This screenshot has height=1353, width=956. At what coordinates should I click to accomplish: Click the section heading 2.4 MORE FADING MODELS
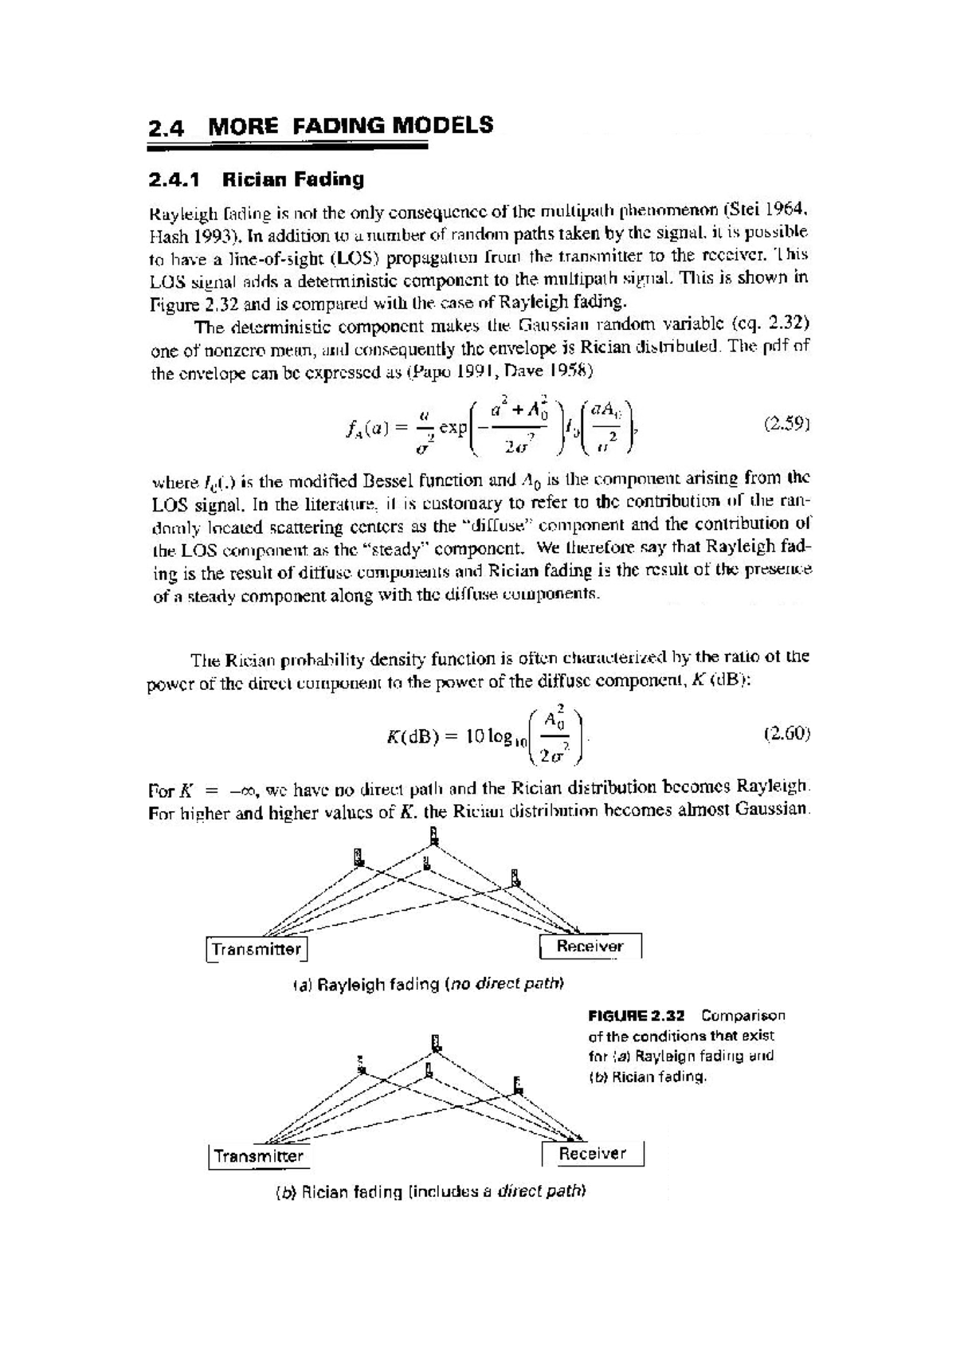pyautogui.click(x=320, y=126)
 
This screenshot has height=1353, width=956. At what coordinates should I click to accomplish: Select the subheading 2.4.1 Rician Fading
pyautogui.click(x=256, y=179)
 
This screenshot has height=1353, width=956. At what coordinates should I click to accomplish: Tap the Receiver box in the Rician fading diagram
pyautogui.click(x=592, y=1154)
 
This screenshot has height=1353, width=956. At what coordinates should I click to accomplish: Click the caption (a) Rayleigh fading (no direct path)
pyautogui.click(x=429, y=984)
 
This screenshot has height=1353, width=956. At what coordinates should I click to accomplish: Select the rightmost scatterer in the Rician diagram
pyautogui.click(x=518, y=1084)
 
